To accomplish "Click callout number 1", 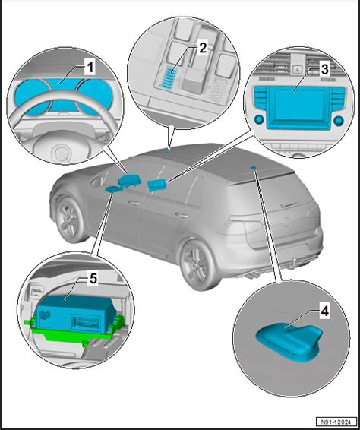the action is (90, 68).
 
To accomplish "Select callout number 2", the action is (202, 49).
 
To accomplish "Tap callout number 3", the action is (324, 69).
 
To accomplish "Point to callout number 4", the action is (324, 311).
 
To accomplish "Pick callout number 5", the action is (93, 279).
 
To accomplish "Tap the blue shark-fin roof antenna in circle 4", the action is (289, 340).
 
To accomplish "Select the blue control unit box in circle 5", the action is (74, 314).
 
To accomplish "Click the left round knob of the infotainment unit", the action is (258, 120).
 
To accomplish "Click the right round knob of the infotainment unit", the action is (339, 120).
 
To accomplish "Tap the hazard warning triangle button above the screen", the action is (297, 68).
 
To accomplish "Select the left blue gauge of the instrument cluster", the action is (32, 96).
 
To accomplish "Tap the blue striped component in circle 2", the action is (169, 77).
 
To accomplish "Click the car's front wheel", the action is (69, 220).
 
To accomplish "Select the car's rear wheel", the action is (198, 264).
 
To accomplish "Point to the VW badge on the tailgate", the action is (286, 222).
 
